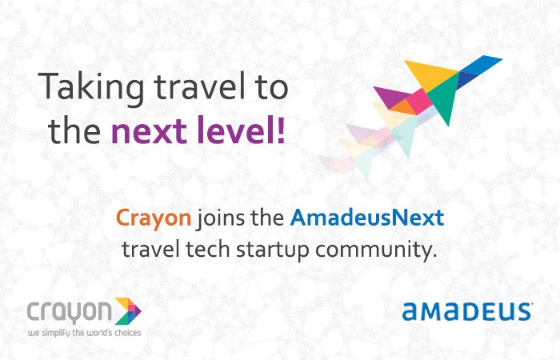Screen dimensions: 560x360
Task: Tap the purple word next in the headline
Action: tap(149, 130)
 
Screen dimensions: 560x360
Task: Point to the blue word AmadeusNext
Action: tap(367, 217)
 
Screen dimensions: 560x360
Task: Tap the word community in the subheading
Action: tap(376, 250)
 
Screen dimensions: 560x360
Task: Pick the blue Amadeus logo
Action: tap(467, 312)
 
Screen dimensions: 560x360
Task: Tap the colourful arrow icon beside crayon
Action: tap(128, 311)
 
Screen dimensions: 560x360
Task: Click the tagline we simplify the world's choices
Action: tap(85, 333)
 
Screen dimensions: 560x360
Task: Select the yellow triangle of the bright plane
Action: tap(430, 74)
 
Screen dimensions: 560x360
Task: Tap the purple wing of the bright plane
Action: tap(391, 97)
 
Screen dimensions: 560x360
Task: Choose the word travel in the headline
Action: tap(199, 88)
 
